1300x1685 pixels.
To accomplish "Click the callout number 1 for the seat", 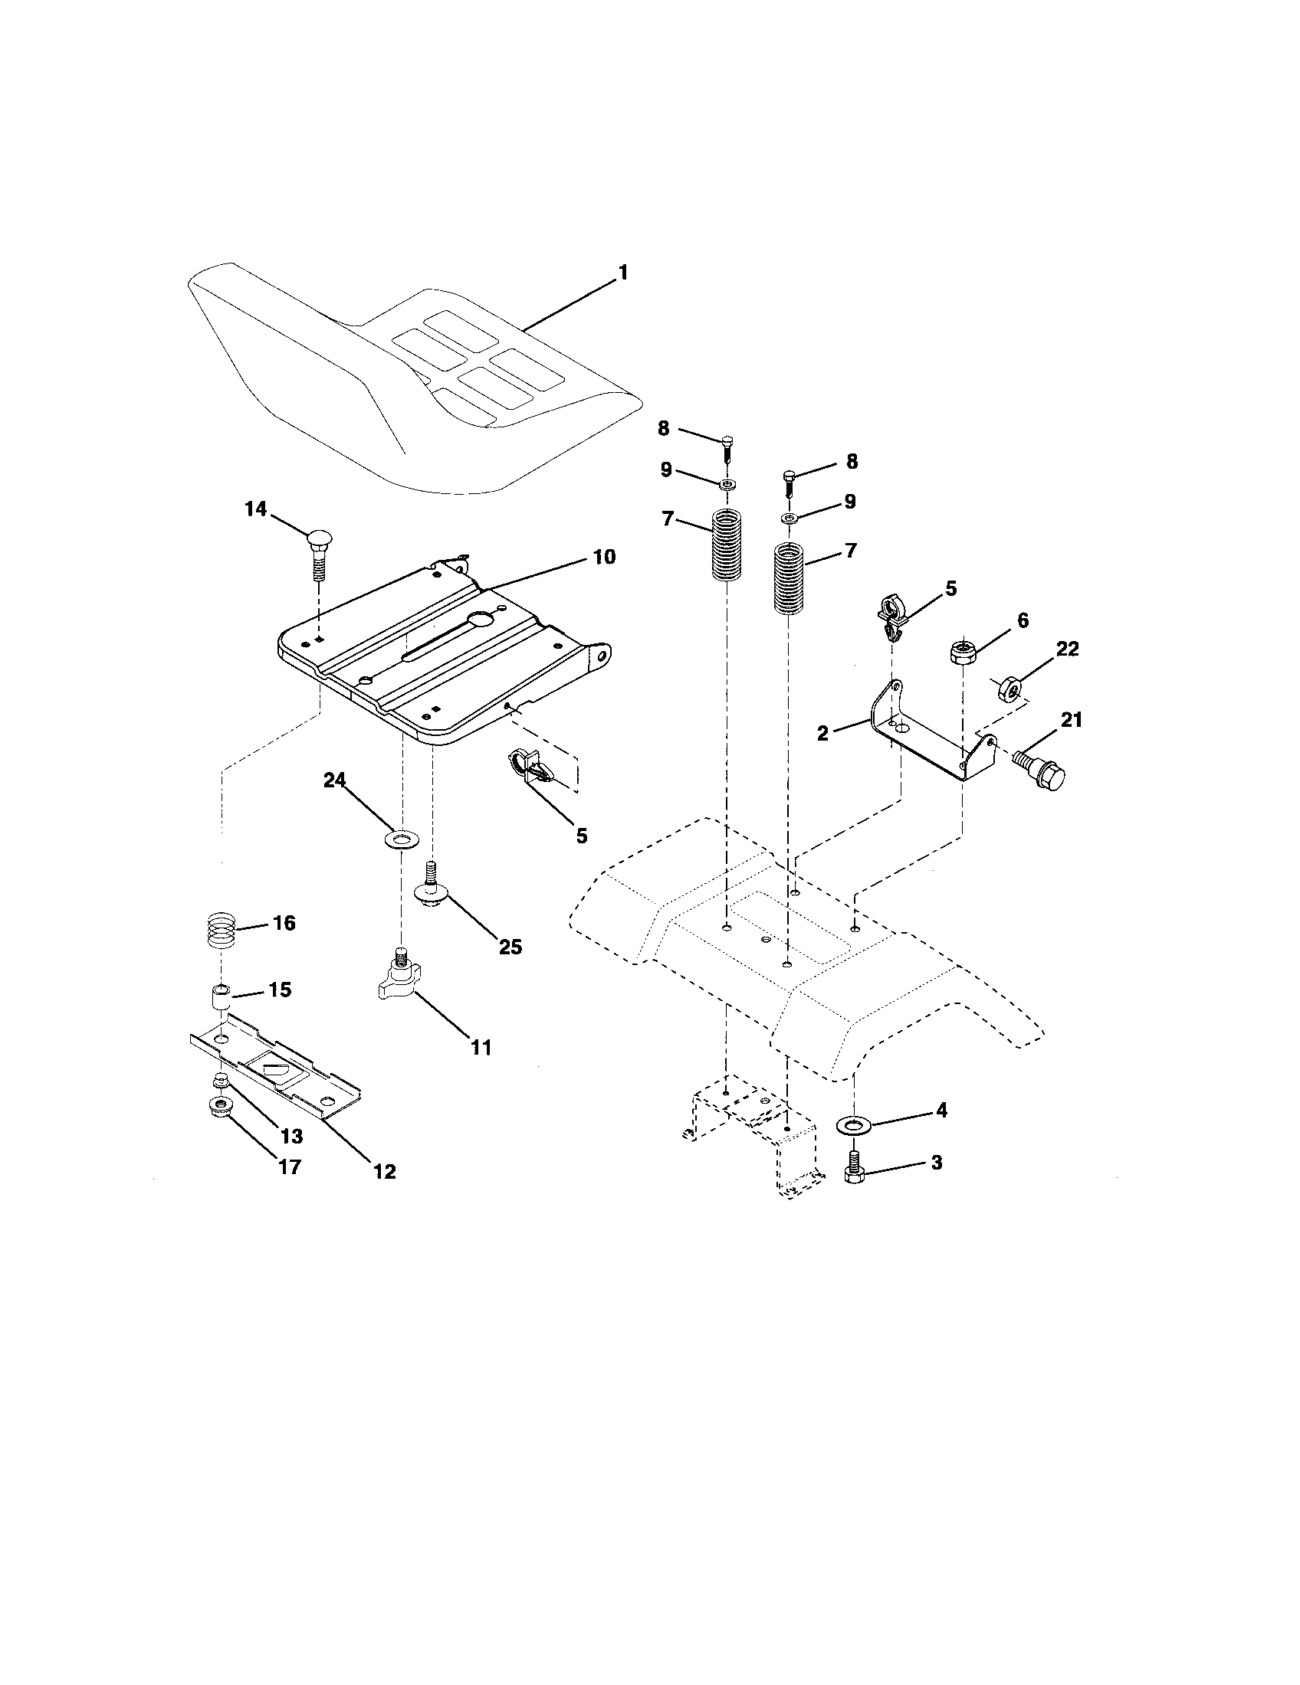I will [622, 273].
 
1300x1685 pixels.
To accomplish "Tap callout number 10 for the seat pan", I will [604, 557].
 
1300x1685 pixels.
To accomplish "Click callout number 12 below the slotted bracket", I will [384, 1171].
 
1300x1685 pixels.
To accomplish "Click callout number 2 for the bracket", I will [822, 733].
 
